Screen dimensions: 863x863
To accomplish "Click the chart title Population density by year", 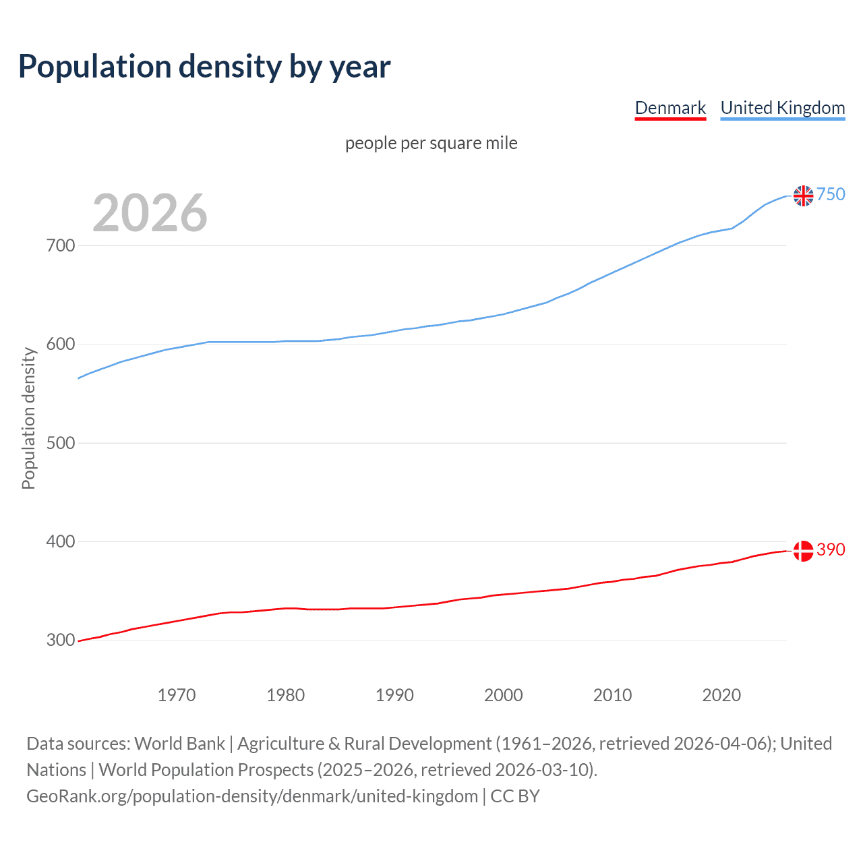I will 204,67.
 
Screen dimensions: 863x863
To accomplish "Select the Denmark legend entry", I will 670,108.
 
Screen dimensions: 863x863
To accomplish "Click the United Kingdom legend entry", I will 782,108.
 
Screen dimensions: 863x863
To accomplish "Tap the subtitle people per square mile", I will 431,143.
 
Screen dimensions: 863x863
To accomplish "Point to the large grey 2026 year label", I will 150,213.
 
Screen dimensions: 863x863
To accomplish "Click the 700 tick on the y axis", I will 61,245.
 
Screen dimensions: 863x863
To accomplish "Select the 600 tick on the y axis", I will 61,344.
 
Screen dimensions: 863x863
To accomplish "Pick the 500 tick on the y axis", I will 61,443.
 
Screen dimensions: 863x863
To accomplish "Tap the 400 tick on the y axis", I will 61,541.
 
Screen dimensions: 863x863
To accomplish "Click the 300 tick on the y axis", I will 61,640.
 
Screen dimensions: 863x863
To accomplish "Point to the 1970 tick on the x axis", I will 177,695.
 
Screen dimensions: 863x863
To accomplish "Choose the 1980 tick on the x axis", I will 286,695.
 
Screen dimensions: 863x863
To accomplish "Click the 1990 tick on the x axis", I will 394,695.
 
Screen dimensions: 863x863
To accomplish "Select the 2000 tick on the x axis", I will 504,695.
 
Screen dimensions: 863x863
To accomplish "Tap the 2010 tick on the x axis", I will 612,695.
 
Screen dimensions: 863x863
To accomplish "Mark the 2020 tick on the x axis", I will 721,695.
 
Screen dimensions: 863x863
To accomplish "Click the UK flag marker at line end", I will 803,196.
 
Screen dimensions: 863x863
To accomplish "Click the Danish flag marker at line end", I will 803,551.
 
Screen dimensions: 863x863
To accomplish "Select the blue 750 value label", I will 831,194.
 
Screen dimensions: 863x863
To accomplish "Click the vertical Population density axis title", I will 28,418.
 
